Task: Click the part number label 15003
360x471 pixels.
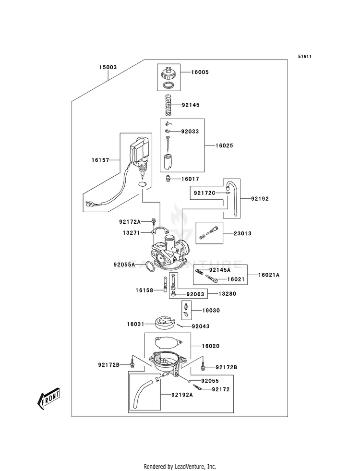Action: point(108,67)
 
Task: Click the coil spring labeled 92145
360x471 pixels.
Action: point(169,105)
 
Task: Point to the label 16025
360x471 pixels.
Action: point(224,145)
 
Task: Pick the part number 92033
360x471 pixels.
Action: point(190,131)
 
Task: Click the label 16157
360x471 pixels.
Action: point(100,160)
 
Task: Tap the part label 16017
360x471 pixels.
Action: point(190,179)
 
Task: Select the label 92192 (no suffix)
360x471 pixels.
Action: point(260,199)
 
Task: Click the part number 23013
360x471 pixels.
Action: point(242,233)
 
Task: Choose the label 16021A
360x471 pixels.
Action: point(269,275)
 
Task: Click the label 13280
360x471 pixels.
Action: point(227,294)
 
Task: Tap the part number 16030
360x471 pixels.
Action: point(211,310)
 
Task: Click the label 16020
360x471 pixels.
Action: point(210,346)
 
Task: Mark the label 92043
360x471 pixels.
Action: point(201,326)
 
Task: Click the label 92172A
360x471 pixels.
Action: point(130,222)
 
